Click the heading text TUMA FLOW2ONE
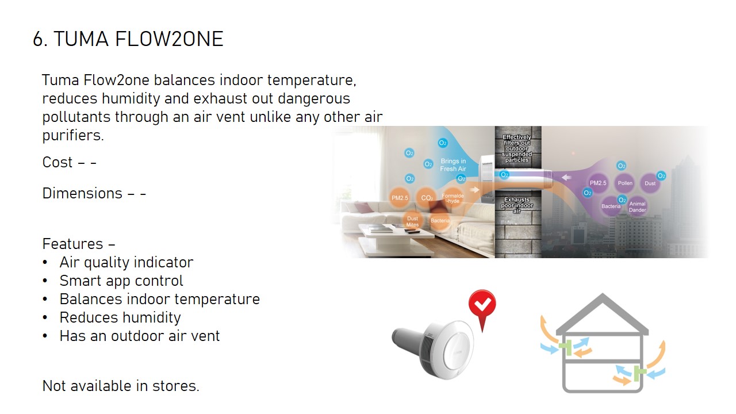[x=139, y=39]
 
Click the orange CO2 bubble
[x=427, y=197]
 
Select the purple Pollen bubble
[x=625, y=183]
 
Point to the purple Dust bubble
[x=650, y=183]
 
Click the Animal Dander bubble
[x=637, y=206]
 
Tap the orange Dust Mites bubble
[x=412, y=221]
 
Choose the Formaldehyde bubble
[x=453, y=198]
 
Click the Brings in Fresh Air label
[x=453, y=164]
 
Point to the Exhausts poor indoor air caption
[x=517, y=205]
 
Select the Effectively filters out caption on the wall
[x=517, y=148]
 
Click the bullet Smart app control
[x=121, y=281]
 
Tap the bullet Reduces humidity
[x=120, y=317]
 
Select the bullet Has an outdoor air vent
[x=140, y=336]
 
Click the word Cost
[x=57, y=162]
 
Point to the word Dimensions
[x=82, y=193]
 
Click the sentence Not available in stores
[x=121, y=386]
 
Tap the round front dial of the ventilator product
[x=458, y=351]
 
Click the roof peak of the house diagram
[x=602, y=295]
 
